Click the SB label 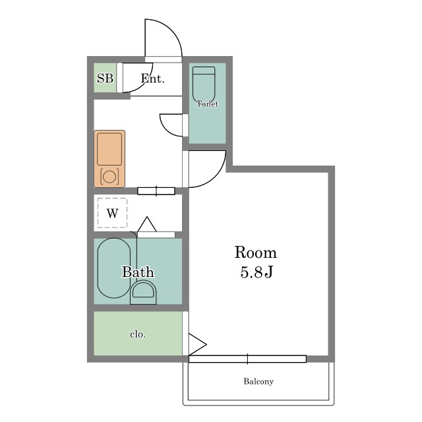pyautogui.click(x=105, y=78)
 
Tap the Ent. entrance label pyautogui.click(x=152, y=78)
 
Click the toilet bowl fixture pyautogui.click(x=204, y=84)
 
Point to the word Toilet pyautogui.click(x=207, y=104)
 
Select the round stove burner pyautogui.click(x=109, y=177)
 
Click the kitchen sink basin pyautogui.click(x=109, y=149)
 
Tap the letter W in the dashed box pyautogui.click(x=112, y=213)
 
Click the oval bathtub pyautogui.click(x=114, y=268)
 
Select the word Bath pyautogui.click(x=138, y=272)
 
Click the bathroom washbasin pyautogui.click(x=143, y=292)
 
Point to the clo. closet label pyautogui.click(x=138, y=334)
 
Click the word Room pyautogui.click(x=255, y=253)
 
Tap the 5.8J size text pyautogui.click(x=256, y=272)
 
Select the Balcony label pyautogui.click(x=258, y=381)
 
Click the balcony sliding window pyautogui.click(x=247, y=359)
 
